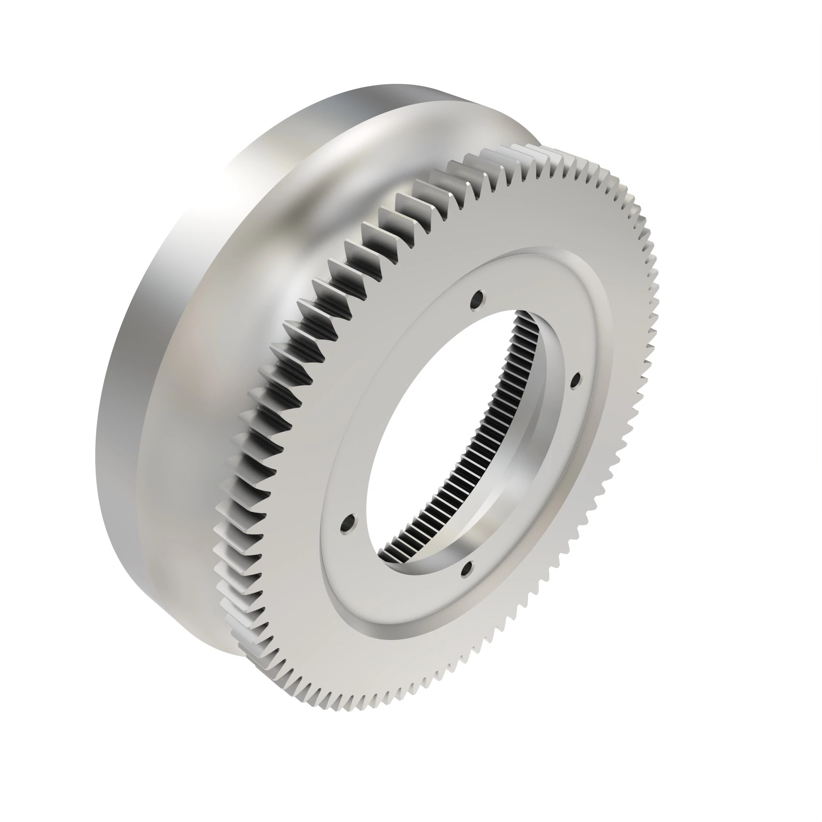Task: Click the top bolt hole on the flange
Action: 479,297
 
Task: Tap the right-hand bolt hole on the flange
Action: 576,380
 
